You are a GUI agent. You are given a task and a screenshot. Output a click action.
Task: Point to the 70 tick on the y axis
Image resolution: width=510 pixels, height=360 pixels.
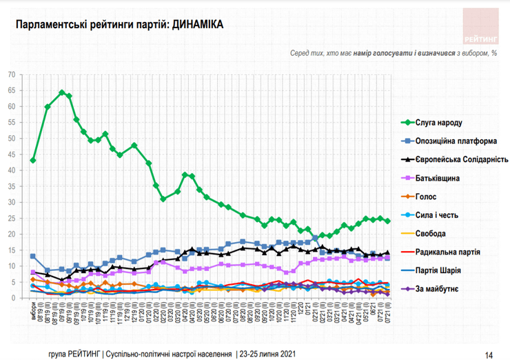coord(11,74)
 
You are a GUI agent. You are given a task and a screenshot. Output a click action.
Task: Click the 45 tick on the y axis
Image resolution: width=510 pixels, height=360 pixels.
coord(11,154)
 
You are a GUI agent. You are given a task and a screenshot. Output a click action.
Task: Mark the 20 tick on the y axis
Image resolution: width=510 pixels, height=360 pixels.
coord(11,234)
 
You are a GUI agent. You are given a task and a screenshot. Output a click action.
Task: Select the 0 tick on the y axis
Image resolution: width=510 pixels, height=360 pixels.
coord(13,298)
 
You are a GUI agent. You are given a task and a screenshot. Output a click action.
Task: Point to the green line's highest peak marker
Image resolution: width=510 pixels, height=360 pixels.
coord(62,92)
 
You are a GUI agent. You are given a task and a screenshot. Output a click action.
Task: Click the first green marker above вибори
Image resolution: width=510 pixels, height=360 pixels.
coord(33,161)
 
